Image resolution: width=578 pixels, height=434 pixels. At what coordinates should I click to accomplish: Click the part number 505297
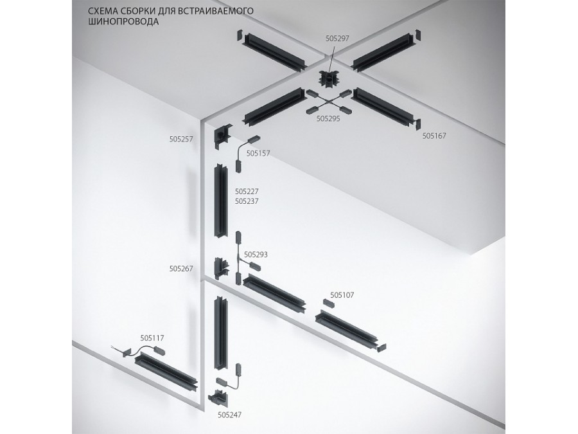pyautogui.click(x=337, y=39)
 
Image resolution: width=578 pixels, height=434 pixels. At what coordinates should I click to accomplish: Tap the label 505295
pyautogui.click(x=328, y=119)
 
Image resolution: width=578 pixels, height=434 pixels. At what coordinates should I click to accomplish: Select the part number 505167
pyautogui.click(x=434, y=136)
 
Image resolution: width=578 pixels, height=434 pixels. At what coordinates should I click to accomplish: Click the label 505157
pyautogui.click(x=258, y=154)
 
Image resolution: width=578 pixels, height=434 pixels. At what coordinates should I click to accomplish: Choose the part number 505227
pyautogui.click(x=247, y=191)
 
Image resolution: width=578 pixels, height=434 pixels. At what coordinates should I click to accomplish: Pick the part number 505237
pyautogui.click(x=247, y=201)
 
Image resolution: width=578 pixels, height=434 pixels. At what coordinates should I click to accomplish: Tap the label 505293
pyautogui.click(x=256, y=255)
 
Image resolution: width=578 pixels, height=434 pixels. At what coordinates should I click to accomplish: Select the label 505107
pyautogui.click(x=342, y=295)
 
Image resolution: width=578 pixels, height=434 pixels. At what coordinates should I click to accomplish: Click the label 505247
pyautogui.click(x=230, y=415)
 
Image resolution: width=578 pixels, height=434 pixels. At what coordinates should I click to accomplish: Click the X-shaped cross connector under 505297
pyautogui.click(x=329, y=102)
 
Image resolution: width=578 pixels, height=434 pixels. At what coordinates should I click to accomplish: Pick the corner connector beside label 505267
pyautogui.click(x=220, y=269)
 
